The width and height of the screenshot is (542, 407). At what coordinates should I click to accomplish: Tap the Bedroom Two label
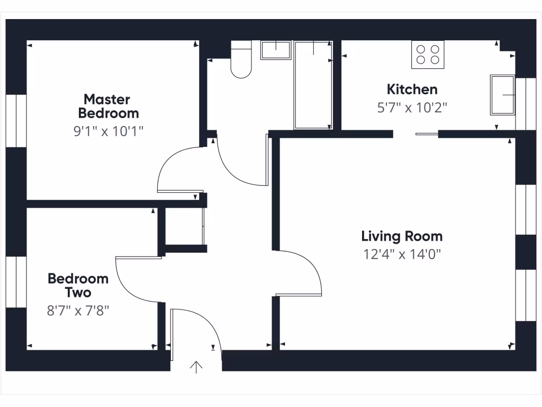coord(78,285)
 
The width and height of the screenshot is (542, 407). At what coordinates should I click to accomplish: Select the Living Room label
coord(402,236)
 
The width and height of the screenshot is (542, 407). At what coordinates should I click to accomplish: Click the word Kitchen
coord(412,89)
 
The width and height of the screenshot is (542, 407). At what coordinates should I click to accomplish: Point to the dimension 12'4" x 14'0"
coord(402,254)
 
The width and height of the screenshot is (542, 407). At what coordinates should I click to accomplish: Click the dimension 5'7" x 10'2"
coord(412,108)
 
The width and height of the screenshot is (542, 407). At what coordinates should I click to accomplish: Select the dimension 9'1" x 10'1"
coord(109,131)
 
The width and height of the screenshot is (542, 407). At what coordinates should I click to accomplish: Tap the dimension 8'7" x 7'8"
coord(78,310)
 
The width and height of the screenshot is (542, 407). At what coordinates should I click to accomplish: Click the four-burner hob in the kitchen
coord(428,54)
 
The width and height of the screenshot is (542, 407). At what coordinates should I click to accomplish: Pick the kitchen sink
coord(502,95)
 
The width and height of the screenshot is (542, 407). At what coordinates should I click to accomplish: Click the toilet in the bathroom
coord(241,61)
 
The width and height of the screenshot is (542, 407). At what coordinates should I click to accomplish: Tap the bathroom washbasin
coord(276,51)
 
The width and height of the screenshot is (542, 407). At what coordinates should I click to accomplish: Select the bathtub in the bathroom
coord(313,85)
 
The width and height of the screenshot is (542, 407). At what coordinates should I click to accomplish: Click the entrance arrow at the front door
coord(196,367)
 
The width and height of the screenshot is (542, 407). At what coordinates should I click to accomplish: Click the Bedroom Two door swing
coord(135,278)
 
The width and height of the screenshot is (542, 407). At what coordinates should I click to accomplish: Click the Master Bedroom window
coord(16,121)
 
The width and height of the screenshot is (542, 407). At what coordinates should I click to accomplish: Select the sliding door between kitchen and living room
coord(427,134)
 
